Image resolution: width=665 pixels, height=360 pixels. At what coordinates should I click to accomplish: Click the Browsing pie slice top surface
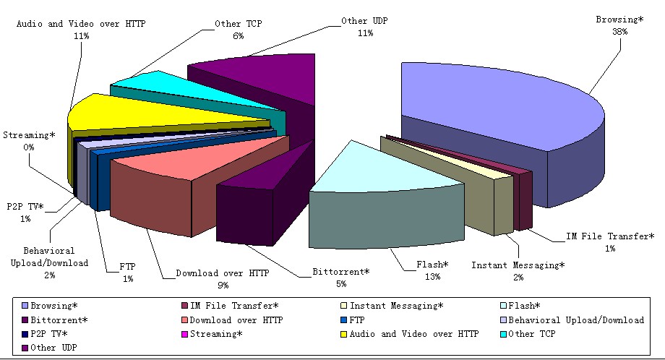[x=500, y=106]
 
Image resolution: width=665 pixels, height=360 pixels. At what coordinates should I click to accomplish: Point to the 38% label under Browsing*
[x=619, y=32]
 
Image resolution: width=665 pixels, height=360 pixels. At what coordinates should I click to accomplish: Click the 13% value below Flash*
[x=432, y=277]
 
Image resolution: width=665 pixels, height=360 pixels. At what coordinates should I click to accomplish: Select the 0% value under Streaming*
[x=29, y=147]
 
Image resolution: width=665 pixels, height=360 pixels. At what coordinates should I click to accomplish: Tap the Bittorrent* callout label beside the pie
[x=341, y=272]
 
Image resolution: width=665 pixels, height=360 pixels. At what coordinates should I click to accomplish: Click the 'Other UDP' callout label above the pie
[x=364, y=21]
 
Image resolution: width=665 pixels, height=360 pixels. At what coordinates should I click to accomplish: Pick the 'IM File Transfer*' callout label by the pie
[x=610, y=236]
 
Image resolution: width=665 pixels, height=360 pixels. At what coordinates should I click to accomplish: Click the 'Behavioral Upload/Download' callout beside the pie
[x=49, y=257]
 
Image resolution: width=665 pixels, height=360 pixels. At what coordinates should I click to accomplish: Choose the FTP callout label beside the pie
[x=127, y=267]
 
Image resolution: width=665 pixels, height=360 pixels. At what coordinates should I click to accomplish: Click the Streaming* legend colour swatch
[x=184, y=334]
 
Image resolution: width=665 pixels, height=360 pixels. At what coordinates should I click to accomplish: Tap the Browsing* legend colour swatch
[x=25, y=306]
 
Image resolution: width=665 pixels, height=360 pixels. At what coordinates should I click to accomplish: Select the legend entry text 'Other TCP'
[x=532, y=334]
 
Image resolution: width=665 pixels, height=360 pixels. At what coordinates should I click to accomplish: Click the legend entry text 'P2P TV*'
[x=48, y=334]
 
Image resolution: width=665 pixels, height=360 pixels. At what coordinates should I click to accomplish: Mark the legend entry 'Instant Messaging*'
[x=396, y=306]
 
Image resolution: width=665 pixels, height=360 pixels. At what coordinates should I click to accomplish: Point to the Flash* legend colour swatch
[x=503, y=306]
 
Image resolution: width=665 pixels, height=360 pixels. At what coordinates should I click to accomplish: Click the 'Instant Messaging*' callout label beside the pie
[x=518, y=265]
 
